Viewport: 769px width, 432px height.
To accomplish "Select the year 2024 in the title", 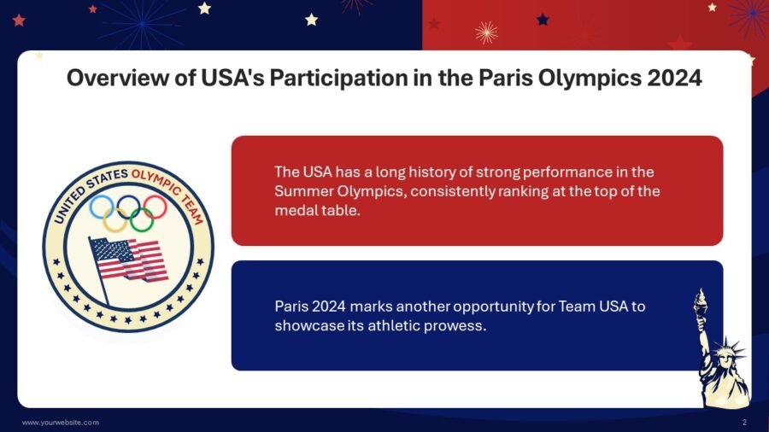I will [672, 79].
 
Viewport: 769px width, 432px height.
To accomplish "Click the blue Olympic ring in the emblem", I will [102, 207].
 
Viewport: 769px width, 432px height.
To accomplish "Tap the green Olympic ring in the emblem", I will [142, 219].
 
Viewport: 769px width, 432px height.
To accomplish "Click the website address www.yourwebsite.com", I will [60, 423].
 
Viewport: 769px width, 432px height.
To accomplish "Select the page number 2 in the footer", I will [745, 423].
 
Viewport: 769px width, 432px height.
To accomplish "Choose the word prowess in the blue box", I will [455, 325].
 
